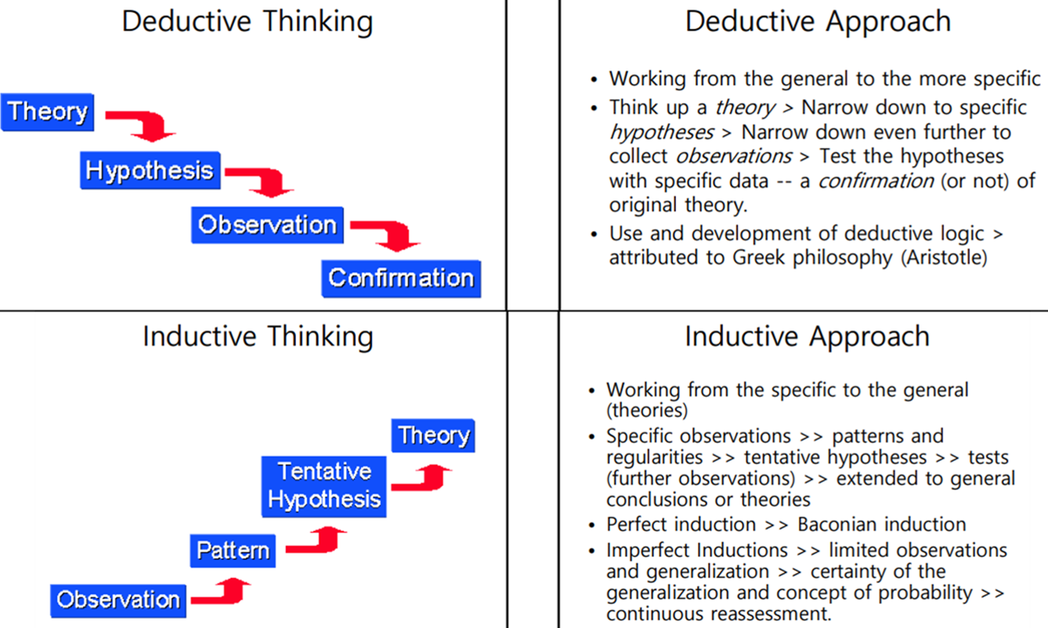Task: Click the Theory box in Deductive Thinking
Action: (47, 112)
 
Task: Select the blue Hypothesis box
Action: (150, 170)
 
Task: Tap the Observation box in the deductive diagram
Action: (267, 225)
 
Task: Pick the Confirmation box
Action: (401, 279)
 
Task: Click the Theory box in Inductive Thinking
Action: (433, 435)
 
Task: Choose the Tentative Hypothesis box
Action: (323, 486)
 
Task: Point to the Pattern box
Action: (233, 550)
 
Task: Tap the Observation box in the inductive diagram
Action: (118, 601)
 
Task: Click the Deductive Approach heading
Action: (818, 22)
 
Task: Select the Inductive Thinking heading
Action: (258, 337)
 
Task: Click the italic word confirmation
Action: (876, 181)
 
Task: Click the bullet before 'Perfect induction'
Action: (592, 525)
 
